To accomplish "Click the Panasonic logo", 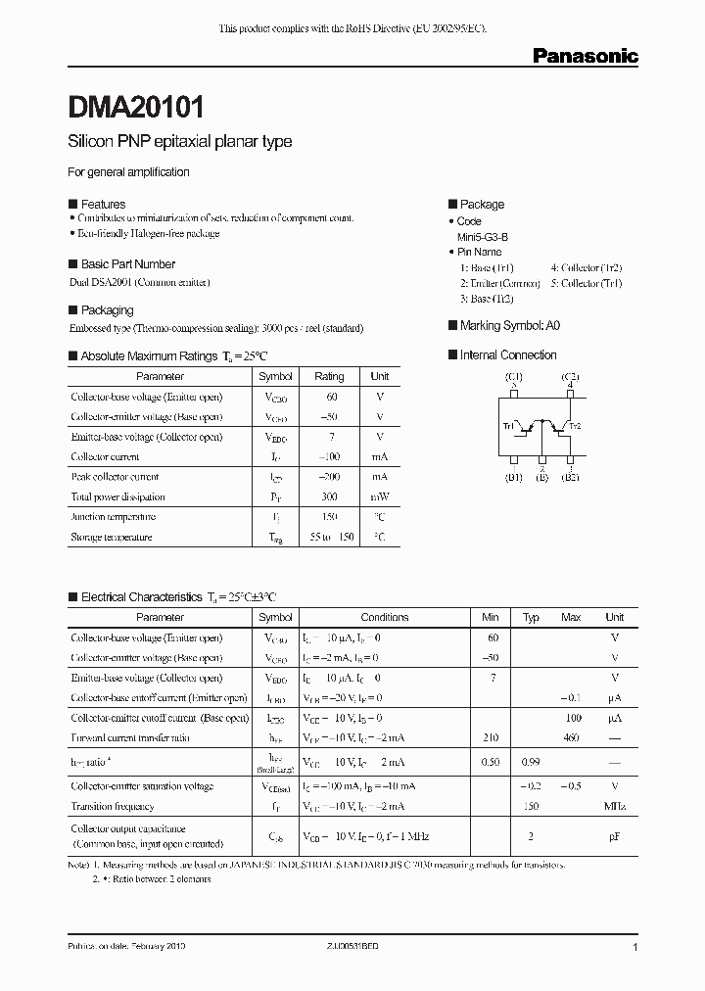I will point(585,56).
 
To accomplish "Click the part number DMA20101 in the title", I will point(136,106).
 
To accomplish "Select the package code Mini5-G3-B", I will point(483,237).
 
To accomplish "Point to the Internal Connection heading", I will point(507,355).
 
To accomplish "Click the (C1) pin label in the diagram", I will point(514,377).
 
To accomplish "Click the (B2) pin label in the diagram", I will point(570,478).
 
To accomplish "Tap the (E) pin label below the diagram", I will point(540,478).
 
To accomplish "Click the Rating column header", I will point(329,376).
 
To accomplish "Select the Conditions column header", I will point(385,617).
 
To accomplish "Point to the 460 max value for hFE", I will point(570,737).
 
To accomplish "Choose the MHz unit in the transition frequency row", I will point(614,807).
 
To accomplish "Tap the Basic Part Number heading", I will point(127,264).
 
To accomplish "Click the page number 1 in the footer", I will point(635,948).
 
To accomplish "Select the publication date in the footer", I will point(126,948).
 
